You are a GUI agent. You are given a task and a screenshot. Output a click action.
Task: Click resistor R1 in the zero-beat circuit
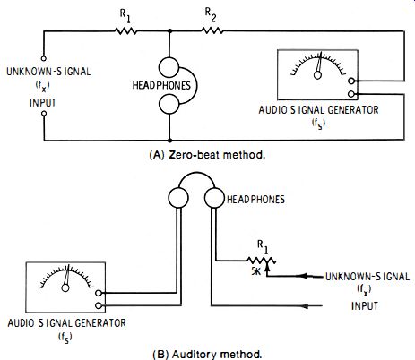125,30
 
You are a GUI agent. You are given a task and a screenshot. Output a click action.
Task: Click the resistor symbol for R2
212,30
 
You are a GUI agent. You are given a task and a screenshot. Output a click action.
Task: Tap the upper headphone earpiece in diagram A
169,67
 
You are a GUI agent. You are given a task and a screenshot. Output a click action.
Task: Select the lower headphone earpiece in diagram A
169,104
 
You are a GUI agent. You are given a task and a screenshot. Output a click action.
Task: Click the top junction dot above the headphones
169,30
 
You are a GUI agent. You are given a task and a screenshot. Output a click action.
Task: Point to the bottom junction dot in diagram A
169,141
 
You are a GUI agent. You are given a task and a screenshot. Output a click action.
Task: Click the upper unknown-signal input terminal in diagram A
44,58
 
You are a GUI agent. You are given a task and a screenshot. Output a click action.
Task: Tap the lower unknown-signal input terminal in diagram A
44,114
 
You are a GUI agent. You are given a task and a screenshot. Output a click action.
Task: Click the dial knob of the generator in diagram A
317,75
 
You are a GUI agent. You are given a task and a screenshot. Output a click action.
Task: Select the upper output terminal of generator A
351,81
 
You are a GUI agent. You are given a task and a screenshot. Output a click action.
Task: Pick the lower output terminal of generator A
351,94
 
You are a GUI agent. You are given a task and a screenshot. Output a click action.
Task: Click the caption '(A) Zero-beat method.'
207,155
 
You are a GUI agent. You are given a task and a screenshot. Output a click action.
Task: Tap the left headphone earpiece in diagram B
178,198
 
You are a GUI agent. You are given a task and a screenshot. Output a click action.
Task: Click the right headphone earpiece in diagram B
214,198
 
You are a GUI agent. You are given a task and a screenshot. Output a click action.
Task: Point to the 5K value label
256,271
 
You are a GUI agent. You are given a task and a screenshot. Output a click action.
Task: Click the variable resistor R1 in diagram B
262,261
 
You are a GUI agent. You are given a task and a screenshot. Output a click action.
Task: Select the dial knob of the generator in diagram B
65,287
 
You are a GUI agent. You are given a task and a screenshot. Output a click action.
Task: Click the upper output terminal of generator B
99,293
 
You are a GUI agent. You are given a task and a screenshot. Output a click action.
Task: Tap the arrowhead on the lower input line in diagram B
306,306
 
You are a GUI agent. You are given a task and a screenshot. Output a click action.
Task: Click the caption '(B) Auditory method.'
207,355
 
